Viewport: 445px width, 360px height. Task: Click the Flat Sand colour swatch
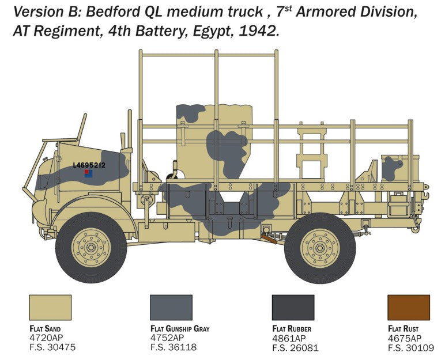click(50, 308)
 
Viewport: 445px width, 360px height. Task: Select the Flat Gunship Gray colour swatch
click(171, 308)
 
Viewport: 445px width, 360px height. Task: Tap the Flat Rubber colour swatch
click(293, 308)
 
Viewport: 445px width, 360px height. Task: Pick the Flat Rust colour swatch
click(409, 308)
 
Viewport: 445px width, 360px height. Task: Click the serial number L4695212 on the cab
click(89, 165)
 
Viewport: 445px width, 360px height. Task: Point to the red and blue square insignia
click(88, 173)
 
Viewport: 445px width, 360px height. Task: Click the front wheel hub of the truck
click(90, 247)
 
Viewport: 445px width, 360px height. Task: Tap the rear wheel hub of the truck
click(320, 247)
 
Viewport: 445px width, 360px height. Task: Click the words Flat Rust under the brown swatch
click(403, 329)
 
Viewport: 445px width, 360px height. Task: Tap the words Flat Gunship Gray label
click(179, 329)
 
